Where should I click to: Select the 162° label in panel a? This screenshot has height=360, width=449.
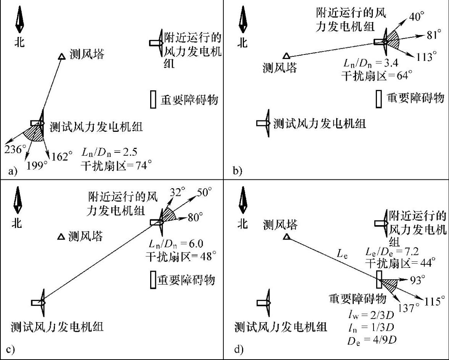[63, 156]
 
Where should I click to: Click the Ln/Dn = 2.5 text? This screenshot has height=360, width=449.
[107, 153]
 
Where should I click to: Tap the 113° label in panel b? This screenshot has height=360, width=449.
[427, 57]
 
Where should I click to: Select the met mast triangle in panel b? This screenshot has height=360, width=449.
[285, 56]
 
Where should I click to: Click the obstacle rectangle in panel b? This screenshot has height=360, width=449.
[378, 99]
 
